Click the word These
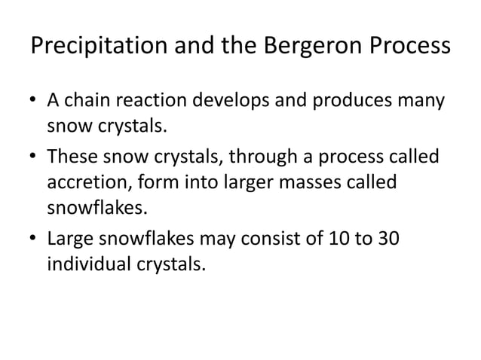69,157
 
